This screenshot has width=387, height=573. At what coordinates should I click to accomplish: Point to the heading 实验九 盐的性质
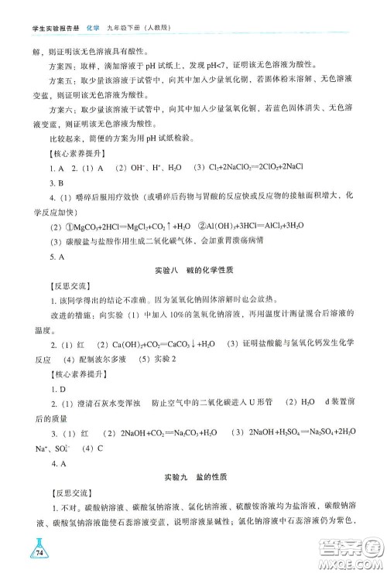pyautogui.click(x=193, y=472)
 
